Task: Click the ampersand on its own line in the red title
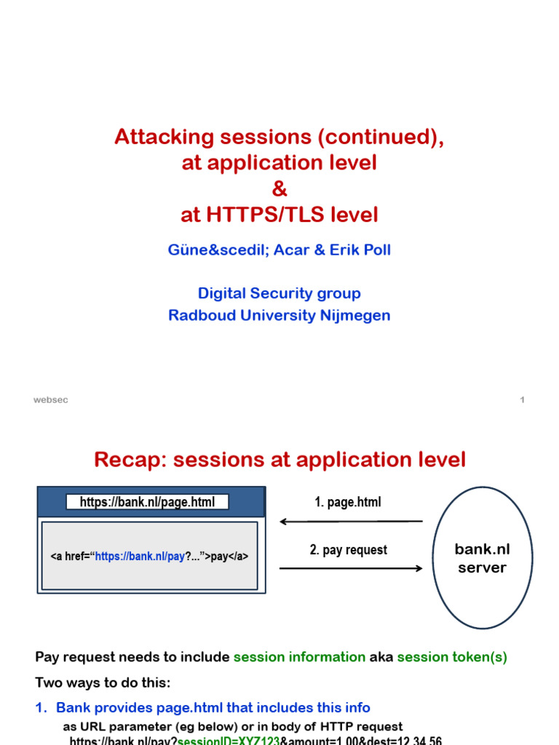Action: [x=279, y=189]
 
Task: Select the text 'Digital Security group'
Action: [x=279, y=294]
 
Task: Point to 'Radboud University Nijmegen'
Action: [x=279, y=316]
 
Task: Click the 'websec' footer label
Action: [x=51, y=400]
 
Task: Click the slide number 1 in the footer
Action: [x=522, y=400]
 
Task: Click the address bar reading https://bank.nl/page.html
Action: [x=148, y=502]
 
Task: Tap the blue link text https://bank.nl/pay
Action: [x=140, y=557]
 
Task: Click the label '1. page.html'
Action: [x=347, y=503]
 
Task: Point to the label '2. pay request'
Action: [x=348, y=550]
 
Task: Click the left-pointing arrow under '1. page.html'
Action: [x=352, y=522]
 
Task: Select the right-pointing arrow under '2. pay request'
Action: [x=352, y=568]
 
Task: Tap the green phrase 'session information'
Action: [x=299, y=657]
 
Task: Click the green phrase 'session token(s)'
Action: [x=452, y=657]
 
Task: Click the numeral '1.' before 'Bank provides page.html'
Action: [x=41, y=708]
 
